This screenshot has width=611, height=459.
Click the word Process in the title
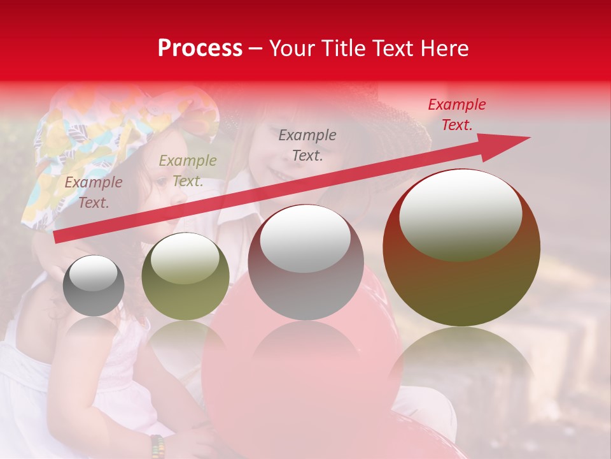click(200, 48)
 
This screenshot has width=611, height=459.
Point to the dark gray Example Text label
click(307, 145)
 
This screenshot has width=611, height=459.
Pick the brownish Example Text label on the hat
click(93, 193)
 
